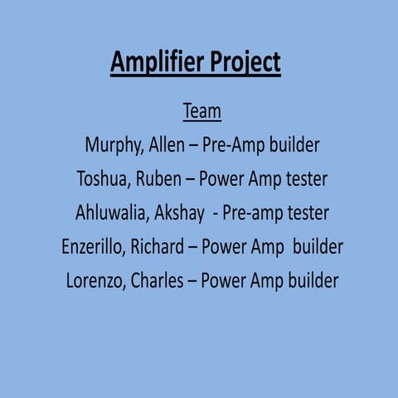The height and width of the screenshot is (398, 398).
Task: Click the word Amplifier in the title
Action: click(x=153, y=63)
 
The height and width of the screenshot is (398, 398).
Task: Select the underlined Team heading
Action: click(x=201, y=111)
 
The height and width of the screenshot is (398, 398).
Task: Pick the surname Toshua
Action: click(x=104, y=179)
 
